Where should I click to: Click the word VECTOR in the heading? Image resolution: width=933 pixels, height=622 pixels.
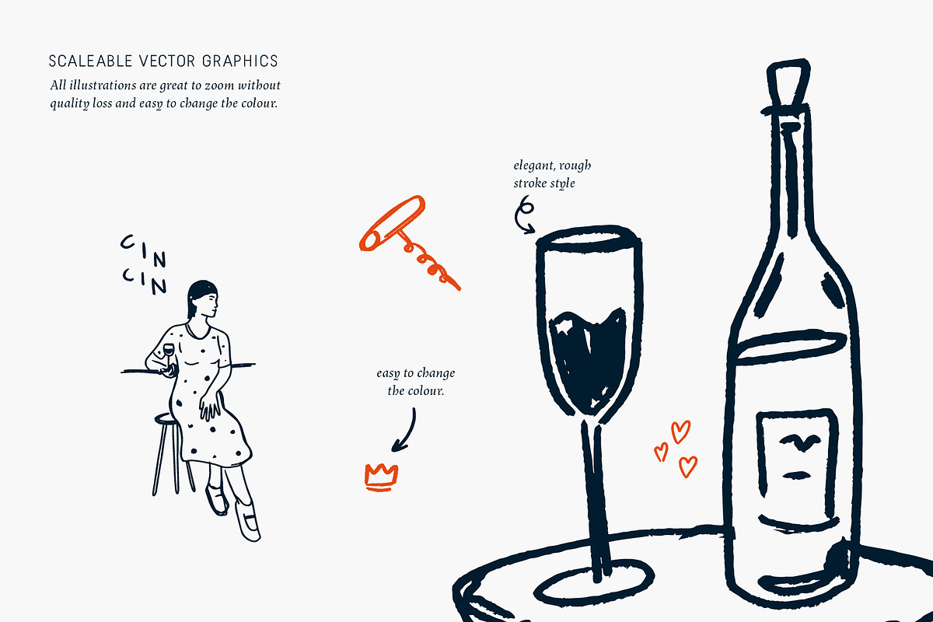click(x=166, y=61)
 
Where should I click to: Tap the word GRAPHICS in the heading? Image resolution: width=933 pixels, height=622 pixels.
click(x=240, y=61)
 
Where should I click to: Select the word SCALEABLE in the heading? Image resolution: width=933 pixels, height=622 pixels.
click(x=90, y=61)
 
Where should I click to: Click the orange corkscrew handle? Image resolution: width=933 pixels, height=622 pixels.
click(x=392, y=223)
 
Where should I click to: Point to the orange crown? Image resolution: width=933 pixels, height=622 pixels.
click(x=381, y=477)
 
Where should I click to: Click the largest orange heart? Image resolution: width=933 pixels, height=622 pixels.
click(x=681, y=432)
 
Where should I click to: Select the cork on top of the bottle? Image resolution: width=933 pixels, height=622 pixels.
click(x=788, y=83)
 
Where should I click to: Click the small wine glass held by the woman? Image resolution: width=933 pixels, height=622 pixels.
click(x=168, y=354)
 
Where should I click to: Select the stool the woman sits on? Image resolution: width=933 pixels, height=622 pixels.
click(x=172, y=454)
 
